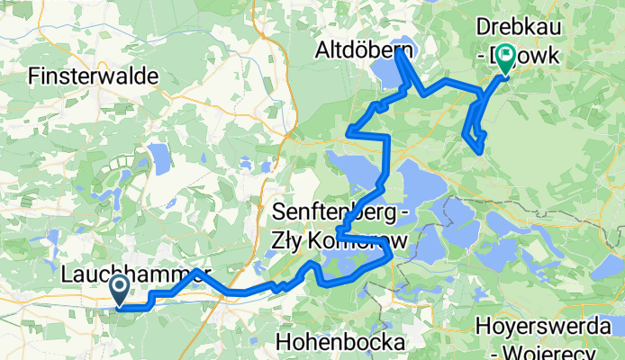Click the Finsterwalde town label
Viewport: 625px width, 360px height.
tap(94, 76)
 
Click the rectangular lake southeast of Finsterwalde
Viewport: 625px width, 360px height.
tap(159, 160)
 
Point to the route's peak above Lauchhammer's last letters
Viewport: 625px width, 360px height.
tap(195, 270)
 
